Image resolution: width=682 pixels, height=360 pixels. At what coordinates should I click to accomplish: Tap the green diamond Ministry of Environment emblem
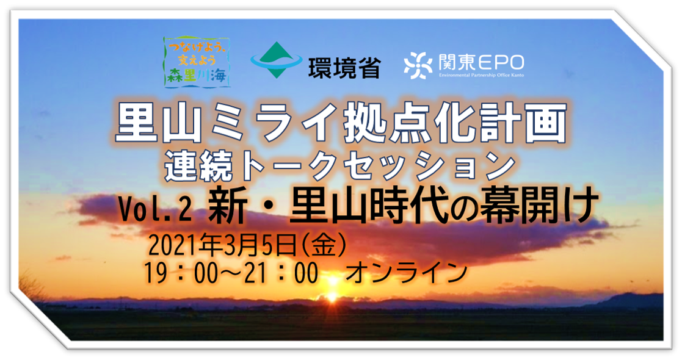click(x=276, y=60)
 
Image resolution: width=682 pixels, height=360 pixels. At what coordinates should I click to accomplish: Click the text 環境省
click(x=344, y=68)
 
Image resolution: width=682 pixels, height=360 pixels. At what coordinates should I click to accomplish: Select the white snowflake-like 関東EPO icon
click(x=418, y=65)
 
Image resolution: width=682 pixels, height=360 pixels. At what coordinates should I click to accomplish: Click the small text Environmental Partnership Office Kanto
click(x=481, y=75)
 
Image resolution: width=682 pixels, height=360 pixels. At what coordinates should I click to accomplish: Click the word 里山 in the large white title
click(x=158, y=123)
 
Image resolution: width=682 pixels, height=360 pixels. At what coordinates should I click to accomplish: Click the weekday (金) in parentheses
click(x=324, y=246)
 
